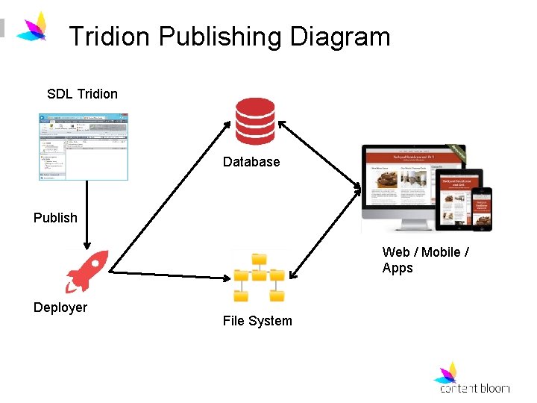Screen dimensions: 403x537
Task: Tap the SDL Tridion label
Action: pos(82,94)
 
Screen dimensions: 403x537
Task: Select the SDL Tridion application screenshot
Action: pos(84,146)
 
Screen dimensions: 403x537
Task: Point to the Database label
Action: pos(251,162)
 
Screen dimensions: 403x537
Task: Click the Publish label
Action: pos(55,218)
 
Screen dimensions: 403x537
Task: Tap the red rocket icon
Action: pos(87,271)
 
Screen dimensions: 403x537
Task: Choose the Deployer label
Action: pos(60,307)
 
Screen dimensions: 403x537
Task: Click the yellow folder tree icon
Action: pos(259,276)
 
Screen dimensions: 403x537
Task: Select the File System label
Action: pos(257,321)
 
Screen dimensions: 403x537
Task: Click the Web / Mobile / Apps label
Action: pos(425,260)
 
